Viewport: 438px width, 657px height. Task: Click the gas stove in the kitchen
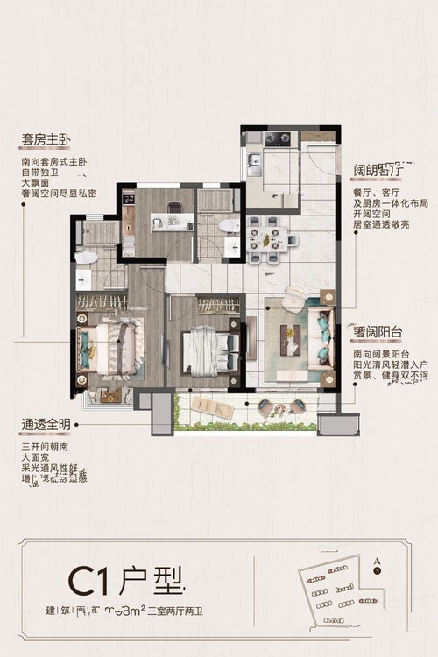tap(278, 138)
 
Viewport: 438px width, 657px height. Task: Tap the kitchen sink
tap(253, 159)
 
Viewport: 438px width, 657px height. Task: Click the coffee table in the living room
tap(290, 340)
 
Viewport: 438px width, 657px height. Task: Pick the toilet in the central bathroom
tap(229, 226)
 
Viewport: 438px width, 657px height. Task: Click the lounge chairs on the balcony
tap(207, 406)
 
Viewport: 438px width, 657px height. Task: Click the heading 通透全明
tap(45, 423)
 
